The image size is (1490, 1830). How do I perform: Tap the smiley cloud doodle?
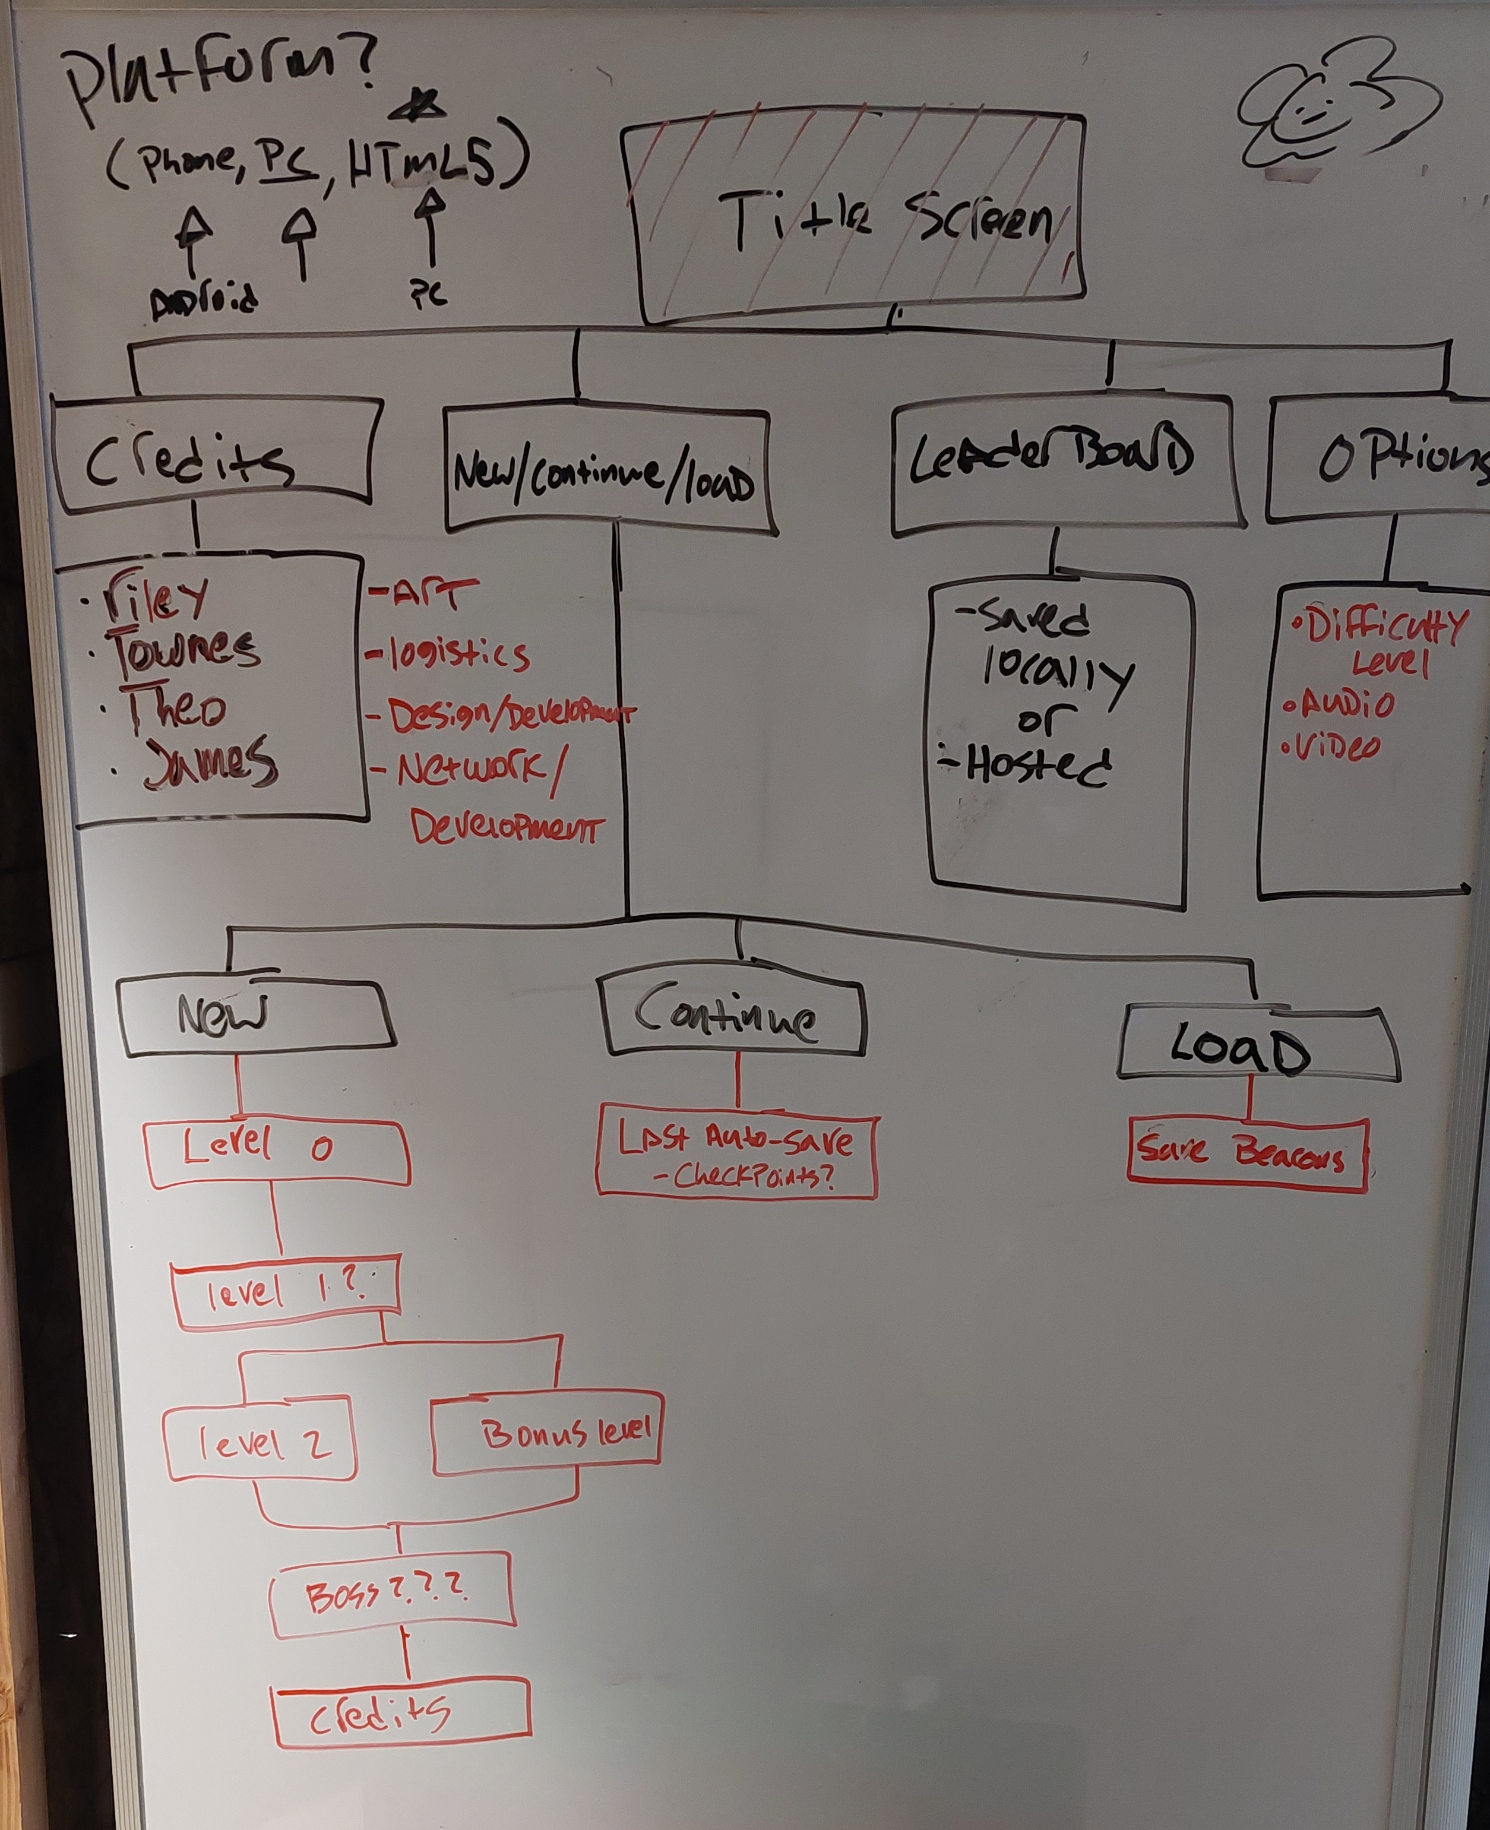click(x=1313, y=116)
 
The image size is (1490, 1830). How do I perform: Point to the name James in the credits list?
click(x=210, y=762)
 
